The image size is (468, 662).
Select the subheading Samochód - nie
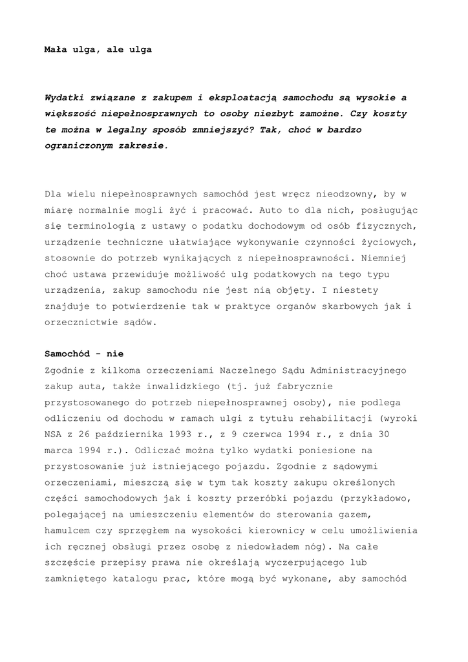[84, 354]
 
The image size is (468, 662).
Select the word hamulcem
[69, 530]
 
